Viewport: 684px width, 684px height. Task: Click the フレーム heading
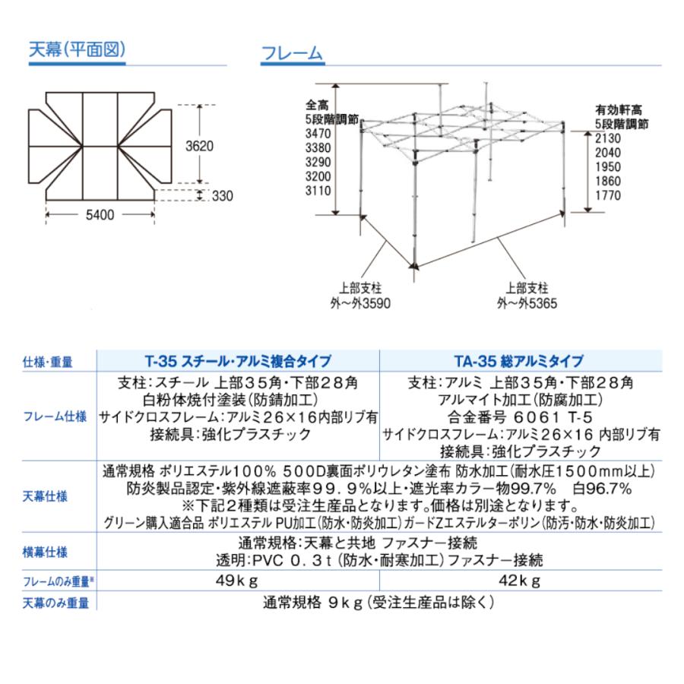tap(292, 53)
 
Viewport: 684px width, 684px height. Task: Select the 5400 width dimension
tap(100, 215)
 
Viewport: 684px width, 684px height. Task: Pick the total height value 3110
tap(318, 192)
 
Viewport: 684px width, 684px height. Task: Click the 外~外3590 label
tap(359, 302)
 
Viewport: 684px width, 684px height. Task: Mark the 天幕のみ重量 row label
tap(56, 603)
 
